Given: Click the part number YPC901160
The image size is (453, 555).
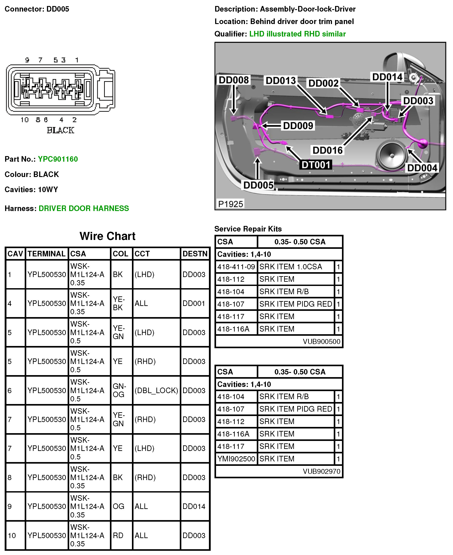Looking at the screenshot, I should (x=58, y=159).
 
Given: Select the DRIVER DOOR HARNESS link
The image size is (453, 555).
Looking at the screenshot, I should (x=83, y=208).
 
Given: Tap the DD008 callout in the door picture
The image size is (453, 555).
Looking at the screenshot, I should (x=234, y=80).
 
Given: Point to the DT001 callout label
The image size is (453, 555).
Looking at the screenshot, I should (x=316, y=165).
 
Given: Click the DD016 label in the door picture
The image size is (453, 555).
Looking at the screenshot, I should (x=328, y=150).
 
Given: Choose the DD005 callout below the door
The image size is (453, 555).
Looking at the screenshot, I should (x=258, y=185).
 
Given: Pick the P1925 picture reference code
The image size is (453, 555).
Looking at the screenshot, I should (x=231, y=204).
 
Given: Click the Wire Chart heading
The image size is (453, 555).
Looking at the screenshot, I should (x=107, y=236).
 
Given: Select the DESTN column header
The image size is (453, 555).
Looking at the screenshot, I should (x=195, y=254).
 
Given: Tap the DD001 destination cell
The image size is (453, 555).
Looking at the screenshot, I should (x=194, y=303).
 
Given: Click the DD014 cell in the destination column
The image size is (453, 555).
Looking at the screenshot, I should (x=194, y=507).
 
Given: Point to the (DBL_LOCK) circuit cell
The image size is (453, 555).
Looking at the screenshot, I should (x=156, y=390).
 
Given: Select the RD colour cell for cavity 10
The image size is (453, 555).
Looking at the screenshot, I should (x=118, y=535).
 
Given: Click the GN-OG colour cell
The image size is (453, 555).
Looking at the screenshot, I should (x=119, y=390).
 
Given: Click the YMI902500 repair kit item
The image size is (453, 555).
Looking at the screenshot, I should (x=236, y=459).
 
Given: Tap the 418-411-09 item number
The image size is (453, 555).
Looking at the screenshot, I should (x=236, y=267).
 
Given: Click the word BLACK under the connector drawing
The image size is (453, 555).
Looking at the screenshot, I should (x=60, y=130).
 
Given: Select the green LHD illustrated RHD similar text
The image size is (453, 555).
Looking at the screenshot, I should (x=297, y=34).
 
